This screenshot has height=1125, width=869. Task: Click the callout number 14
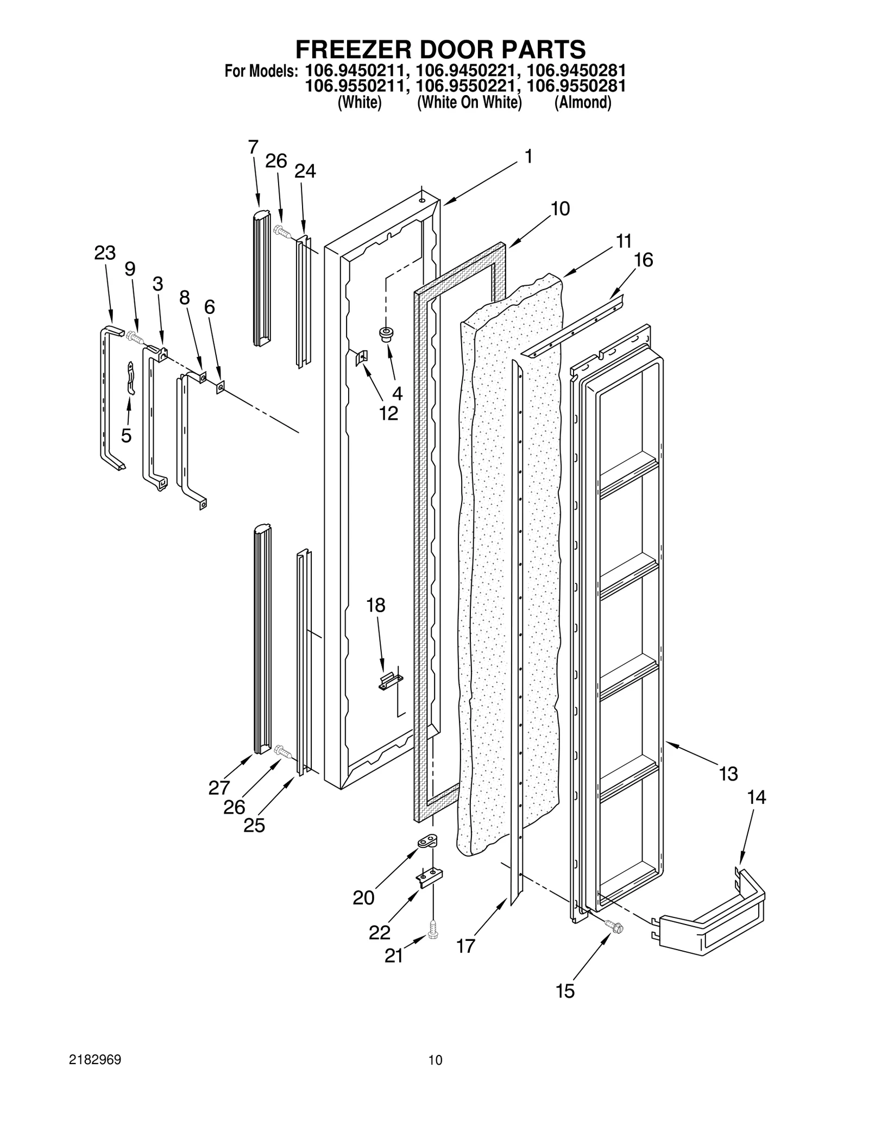(x=756, y=797)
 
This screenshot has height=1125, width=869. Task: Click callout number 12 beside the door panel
(x=389, y=413)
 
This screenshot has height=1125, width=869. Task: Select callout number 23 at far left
(x=105, y=253)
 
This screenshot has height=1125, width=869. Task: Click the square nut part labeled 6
(x=220, y=387)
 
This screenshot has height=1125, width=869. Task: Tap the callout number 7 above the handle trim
(x=253, y=147)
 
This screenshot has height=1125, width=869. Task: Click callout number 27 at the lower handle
(x=219, y=787)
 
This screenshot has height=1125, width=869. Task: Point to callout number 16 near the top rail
(x=644, y=260)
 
